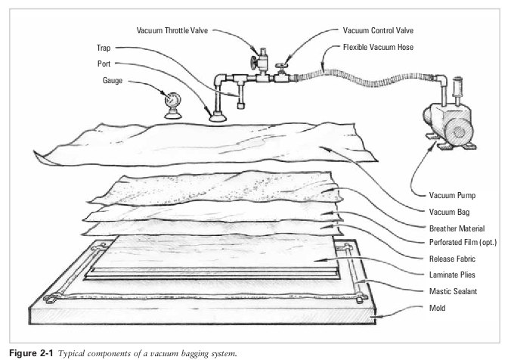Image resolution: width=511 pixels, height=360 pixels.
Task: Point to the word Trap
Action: [x=104, y=47]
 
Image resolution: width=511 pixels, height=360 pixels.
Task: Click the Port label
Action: [x=104, y=64]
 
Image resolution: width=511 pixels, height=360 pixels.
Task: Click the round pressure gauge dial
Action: [x=172, y=100]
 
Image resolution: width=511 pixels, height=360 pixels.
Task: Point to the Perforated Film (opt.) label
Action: [x=463, y=243]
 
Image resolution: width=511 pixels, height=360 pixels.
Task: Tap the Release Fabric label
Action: [x=451, y=259]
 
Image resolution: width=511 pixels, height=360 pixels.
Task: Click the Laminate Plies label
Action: [x=451, y=275]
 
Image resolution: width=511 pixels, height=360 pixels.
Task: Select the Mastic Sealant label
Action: [x=452, y=292]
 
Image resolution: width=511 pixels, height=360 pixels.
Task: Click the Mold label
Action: [x=438, y=308]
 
